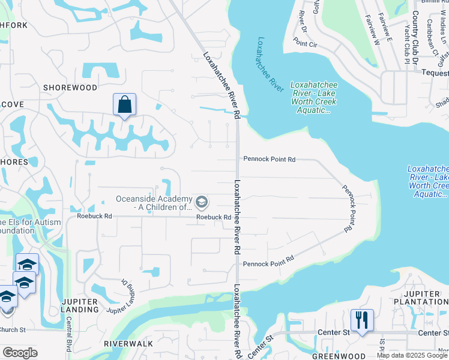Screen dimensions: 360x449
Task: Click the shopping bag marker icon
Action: (x=124, y=104)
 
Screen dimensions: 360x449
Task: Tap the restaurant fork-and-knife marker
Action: (x=361, y=319)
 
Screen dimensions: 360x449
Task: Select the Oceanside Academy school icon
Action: (x=202, y=200)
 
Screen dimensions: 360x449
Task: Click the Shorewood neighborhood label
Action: (x=70, y=88)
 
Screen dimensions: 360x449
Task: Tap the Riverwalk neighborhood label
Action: (x=128, y=344)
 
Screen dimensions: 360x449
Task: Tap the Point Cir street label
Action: (x=305, y=44)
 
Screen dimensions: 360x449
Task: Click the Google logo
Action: (x=20, y=352)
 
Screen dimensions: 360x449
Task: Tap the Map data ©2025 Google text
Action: (x=412, y=355)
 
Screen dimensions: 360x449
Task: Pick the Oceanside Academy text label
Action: (x=154, y=203)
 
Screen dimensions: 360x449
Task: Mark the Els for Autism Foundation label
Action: (x=30, y=226)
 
